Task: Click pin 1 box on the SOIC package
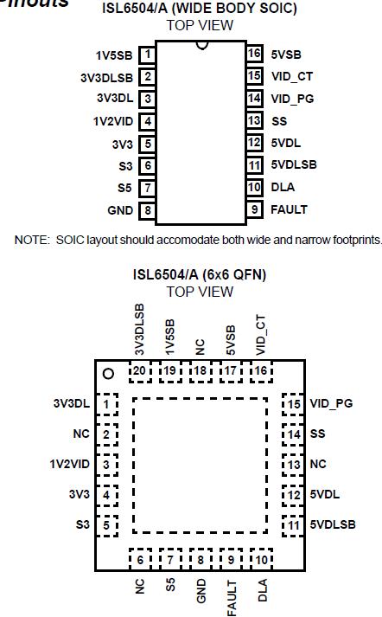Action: point(148,55)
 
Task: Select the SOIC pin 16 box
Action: point(253,54)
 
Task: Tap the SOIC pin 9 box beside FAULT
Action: point(253,209)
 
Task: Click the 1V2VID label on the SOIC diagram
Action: point(112,121)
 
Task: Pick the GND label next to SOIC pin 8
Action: point(120,209)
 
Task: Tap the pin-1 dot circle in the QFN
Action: point(109,374)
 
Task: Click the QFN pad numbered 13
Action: point(294,464)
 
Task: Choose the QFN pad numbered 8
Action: point(201,559)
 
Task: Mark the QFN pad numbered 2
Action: point(105,434)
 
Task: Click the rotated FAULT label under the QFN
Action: point(232,597)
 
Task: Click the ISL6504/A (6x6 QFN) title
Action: point(199,274)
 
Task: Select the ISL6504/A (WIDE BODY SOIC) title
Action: point(200,9)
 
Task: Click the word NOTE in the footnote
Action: point(30,240)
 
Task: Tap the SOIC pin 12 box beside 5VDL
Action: point(253,142)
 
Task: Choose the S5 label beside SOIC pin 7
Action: point(125,187)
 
